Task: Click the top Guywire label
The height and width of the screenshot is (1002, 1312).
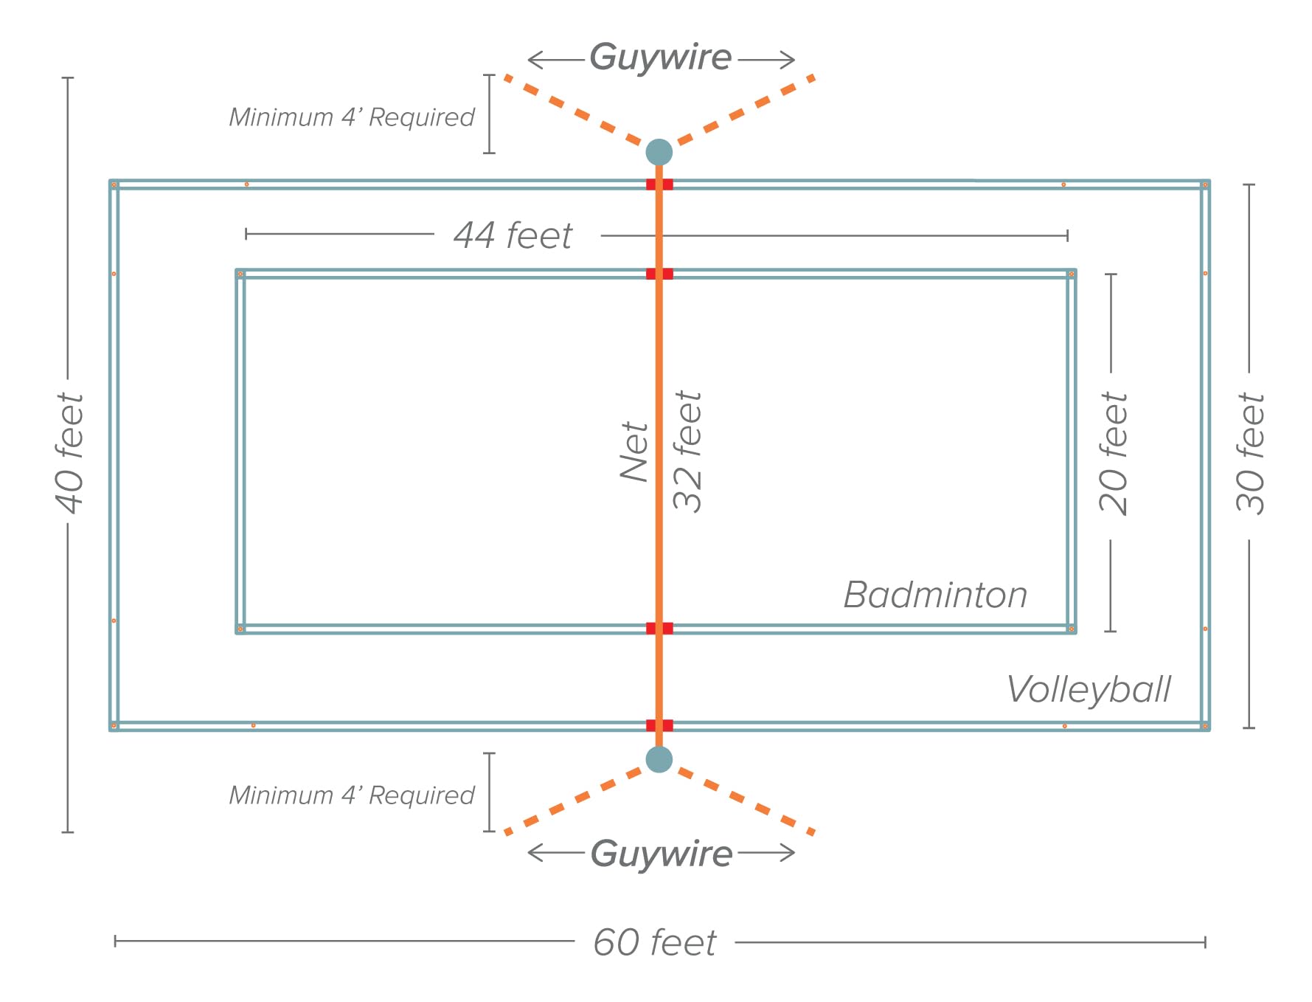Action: click(660, 58)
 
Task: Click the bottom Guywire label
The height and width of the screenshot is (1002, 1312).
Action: click(662, 854)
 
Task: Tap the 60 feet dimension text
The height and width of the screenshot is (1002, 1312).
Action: click(655, 942)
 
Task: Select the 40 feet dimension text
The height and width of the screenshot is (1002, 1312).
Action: click(70, 453)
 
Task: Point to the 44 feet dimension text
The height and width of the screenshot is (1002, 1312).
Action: click(513, 236)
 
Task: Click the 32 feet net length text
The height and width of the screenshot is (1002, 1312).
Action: click(687, 451)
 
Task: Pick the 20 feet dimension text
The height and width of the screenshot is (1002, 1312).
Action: click(1113, 453)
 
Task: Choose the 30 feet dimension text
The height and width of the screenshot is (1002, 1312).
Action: click(1250, 453)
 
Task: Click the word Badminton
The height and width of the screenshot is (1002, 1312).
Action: click(935, 595)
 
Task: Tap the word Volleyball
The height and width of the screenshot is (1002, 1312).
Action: click(1089, 689)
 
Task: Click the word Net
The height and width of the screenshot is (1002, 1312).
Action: click(634, 452)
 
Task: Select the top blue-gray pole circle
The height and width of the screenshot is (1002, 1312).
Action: click(659, 152)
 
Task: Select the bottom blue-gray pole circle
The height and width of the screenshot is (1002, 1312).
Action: click(659, 759)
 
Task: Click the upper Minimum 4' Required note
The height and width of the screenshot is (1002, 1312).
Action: click(352, 117)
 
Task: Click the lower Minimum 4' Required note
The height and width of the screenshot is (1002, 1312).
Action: click(352, 795)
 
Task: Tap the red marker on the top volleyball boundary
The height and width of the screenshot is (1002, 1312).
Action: click(659, 184)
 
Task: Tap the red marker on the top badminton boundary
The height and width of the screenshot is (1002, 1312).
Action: click(659, 274)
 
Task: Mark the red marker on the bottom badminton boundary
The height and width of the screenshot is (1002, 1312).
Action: click(659, 629)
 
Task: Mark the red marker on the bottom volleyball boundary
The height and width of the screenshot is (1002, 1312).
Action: click(659, 725)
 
